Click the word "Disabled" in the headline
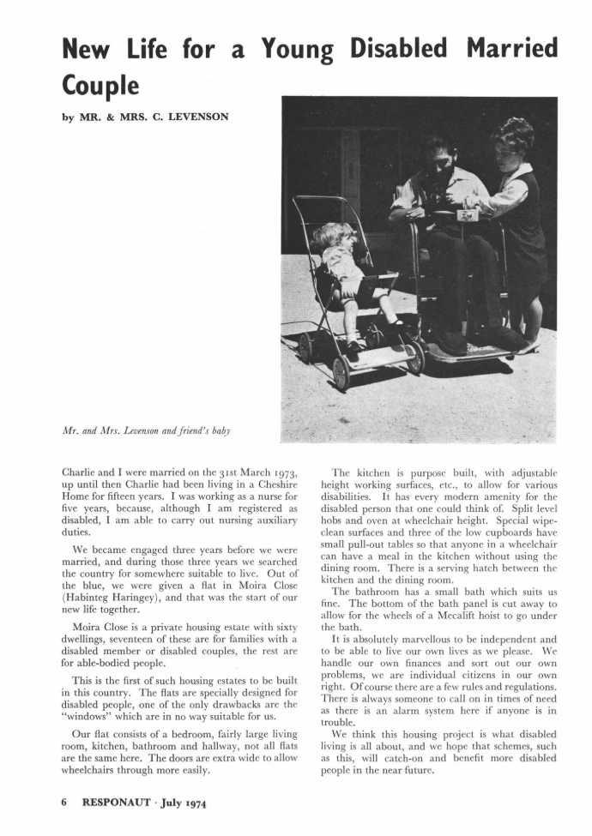(x=401, y=49)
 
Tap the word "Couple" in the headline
(x=99, y=85)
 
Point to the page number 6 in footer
(x=64, y=803)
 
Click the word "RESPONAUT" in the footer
(x=119, y=803)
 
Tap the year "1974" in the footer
(x=193, y=803)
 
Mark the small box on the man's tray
(x=467, y=216)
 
